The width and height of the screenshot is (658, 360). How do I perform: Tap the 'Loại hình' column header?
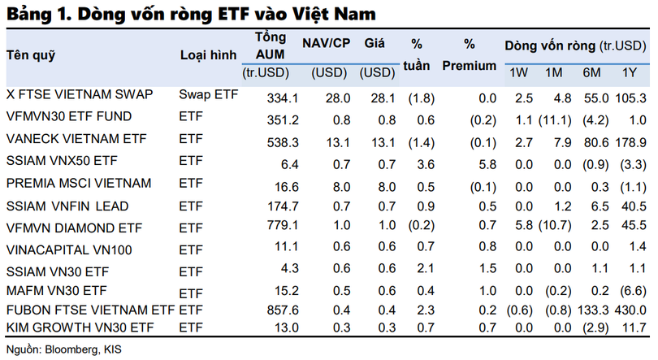click(208, 55)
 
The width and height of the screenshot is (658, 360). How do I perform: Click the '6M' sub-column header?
click(591, 74)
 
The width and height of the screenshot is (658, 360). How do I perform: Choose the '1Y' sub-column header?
click(629, 74)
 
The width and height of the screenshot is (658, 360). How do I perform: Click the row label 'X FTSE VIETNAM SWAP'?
click(80, 95)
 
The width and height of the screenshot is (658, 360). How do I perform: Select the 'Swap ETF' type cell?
click(209, 95)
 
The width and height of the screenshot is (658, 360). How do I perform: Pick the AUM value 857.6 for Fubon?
click(283, 310)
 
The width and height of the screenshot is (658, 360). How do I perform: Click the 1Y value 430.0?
click(627, 310)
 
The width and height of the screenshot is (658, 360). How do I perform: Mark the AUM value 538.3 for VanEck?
click(283, 142)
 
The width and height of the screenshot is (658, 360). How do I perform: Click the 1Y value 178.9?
click(627, 142)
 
